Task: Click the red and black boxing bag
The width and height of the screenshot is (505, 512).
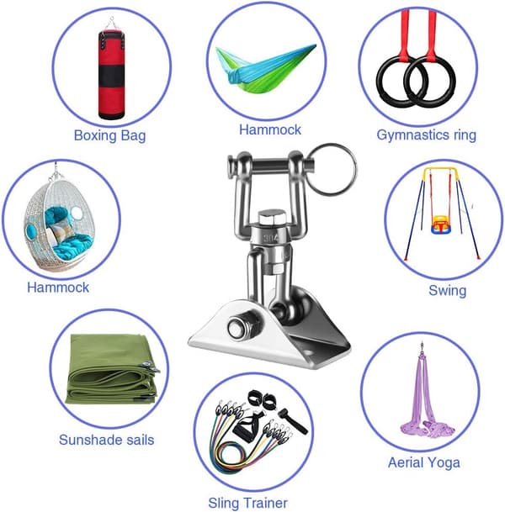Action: [x=111, y=74]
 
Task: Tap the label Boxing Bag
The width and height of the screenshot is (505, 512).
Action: [x=109, y=135]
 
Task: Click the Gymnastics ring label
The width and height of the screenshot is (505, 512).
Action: [x=426, y=135]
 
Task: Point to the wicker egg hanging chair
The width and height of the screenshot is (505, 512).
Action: [x=60, y=222]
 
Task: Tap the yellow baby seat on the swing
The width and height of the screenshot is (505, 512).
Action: [x=439, y=224]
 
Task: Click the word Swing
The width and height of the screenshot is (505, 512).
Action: [x=447, y=291]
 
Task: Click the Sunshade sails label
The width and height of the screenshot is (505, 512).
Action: [x=107, y=440]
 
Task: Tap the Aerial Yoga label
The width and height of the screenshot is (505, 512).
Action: [x=424, y=462]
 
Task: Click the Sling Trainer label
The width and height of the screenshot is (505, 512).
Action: [x=247, y=503]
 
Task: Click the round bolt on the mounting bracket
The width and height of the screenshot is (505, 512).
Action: [x=240, y=328]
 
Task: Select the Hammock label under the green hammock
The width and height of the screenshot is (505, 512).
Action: [x=269, y=129]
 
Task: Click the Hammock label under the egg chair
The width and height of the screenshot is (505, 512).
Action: [x=58, y=288]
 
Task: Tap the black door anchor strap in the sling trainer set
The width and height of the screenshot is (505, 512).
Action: [x=293, y=421]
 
